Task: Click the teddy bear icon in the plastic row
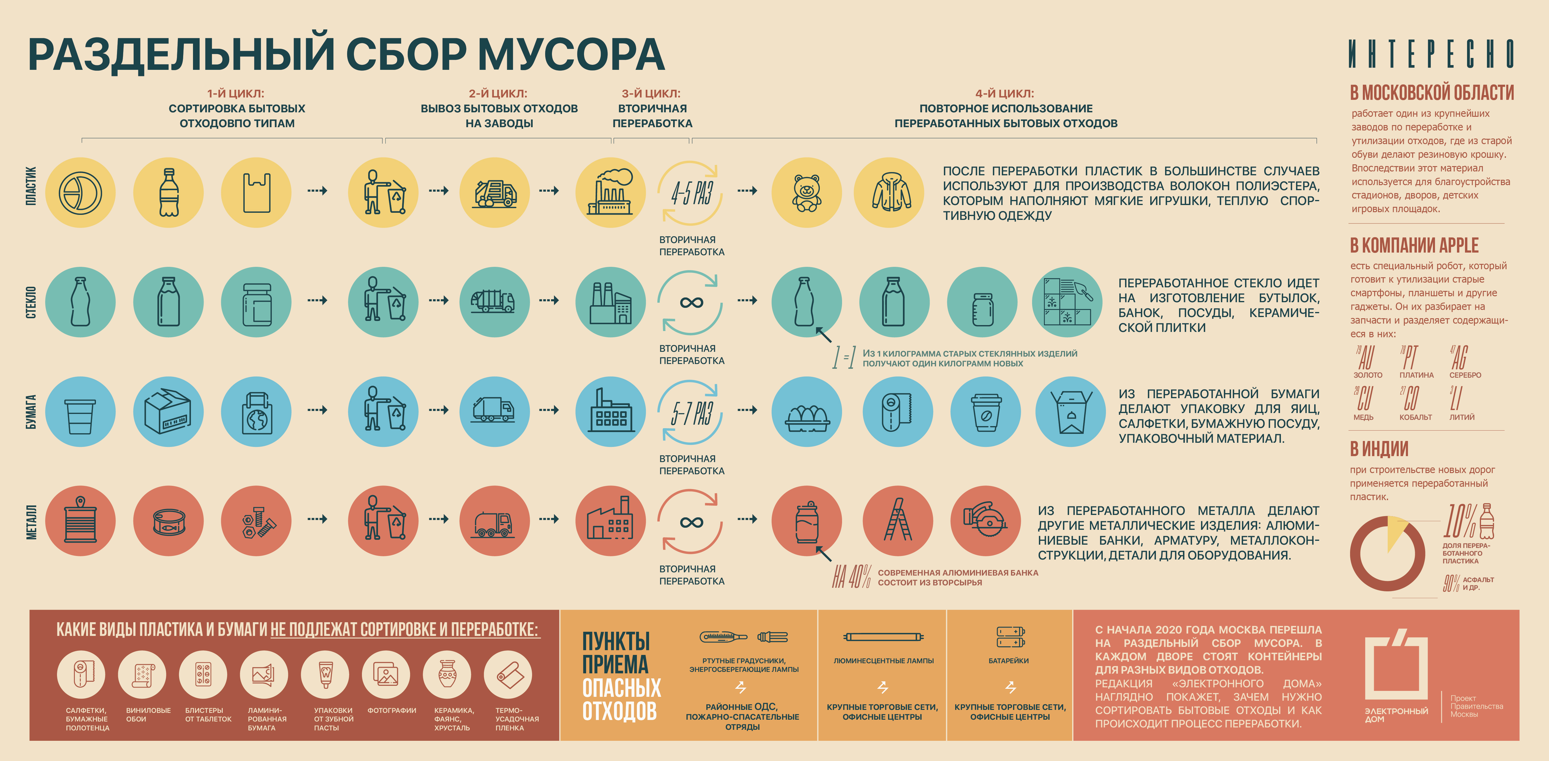806,193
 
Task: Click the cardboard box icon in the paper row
168,412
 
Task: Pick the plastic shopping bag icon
256,193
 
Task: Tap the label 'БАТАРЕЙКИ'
1008,661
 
